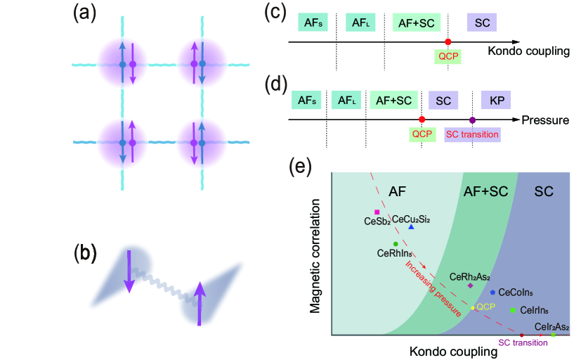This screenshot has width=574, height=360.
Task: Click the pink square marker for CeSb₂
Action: (x=377, y=212)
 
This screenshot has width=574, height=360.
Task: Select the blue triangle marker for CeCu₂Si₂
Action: (x=411, y=226)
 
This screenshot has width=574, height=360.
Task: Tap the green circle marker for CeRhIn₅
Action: (x=377, y=244)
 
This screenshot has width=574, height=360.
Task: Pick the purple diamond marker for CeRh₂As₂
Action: (x=470, y=285)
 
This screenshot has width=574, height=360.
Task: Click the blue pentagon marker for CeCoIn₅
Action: (x=493, y=292)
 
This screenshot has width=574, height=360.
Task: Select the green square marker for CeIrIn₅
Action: (x=513, y=310)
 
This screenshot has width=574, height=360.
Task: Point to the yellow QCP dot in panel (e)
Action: (x=473, y=308)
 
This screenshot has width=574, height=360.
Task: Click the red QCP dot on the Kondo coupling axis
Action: (x=448, y=42)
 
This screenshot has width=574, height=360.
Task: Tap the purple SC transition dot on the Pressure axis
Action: (x=472, y=120)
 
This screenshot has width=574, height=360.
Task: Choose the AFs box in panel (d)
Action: (x=308, y=101)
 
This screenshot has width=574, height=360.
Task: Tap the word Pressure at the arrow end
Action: (x=545, y=120)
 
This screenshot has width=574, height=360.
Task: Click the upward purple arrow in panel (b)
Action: (x=200, y=302)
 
